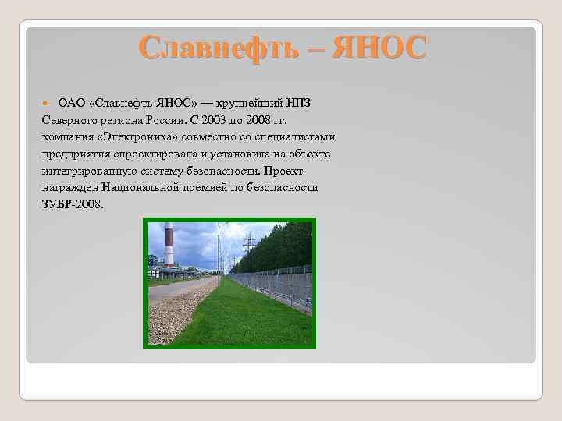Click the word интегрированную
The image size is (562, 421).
coord(86,172)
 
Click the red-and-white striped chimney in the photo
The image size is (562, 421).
coord(169,245)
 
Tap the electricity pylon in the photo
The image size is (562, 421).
coord(249,251)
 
